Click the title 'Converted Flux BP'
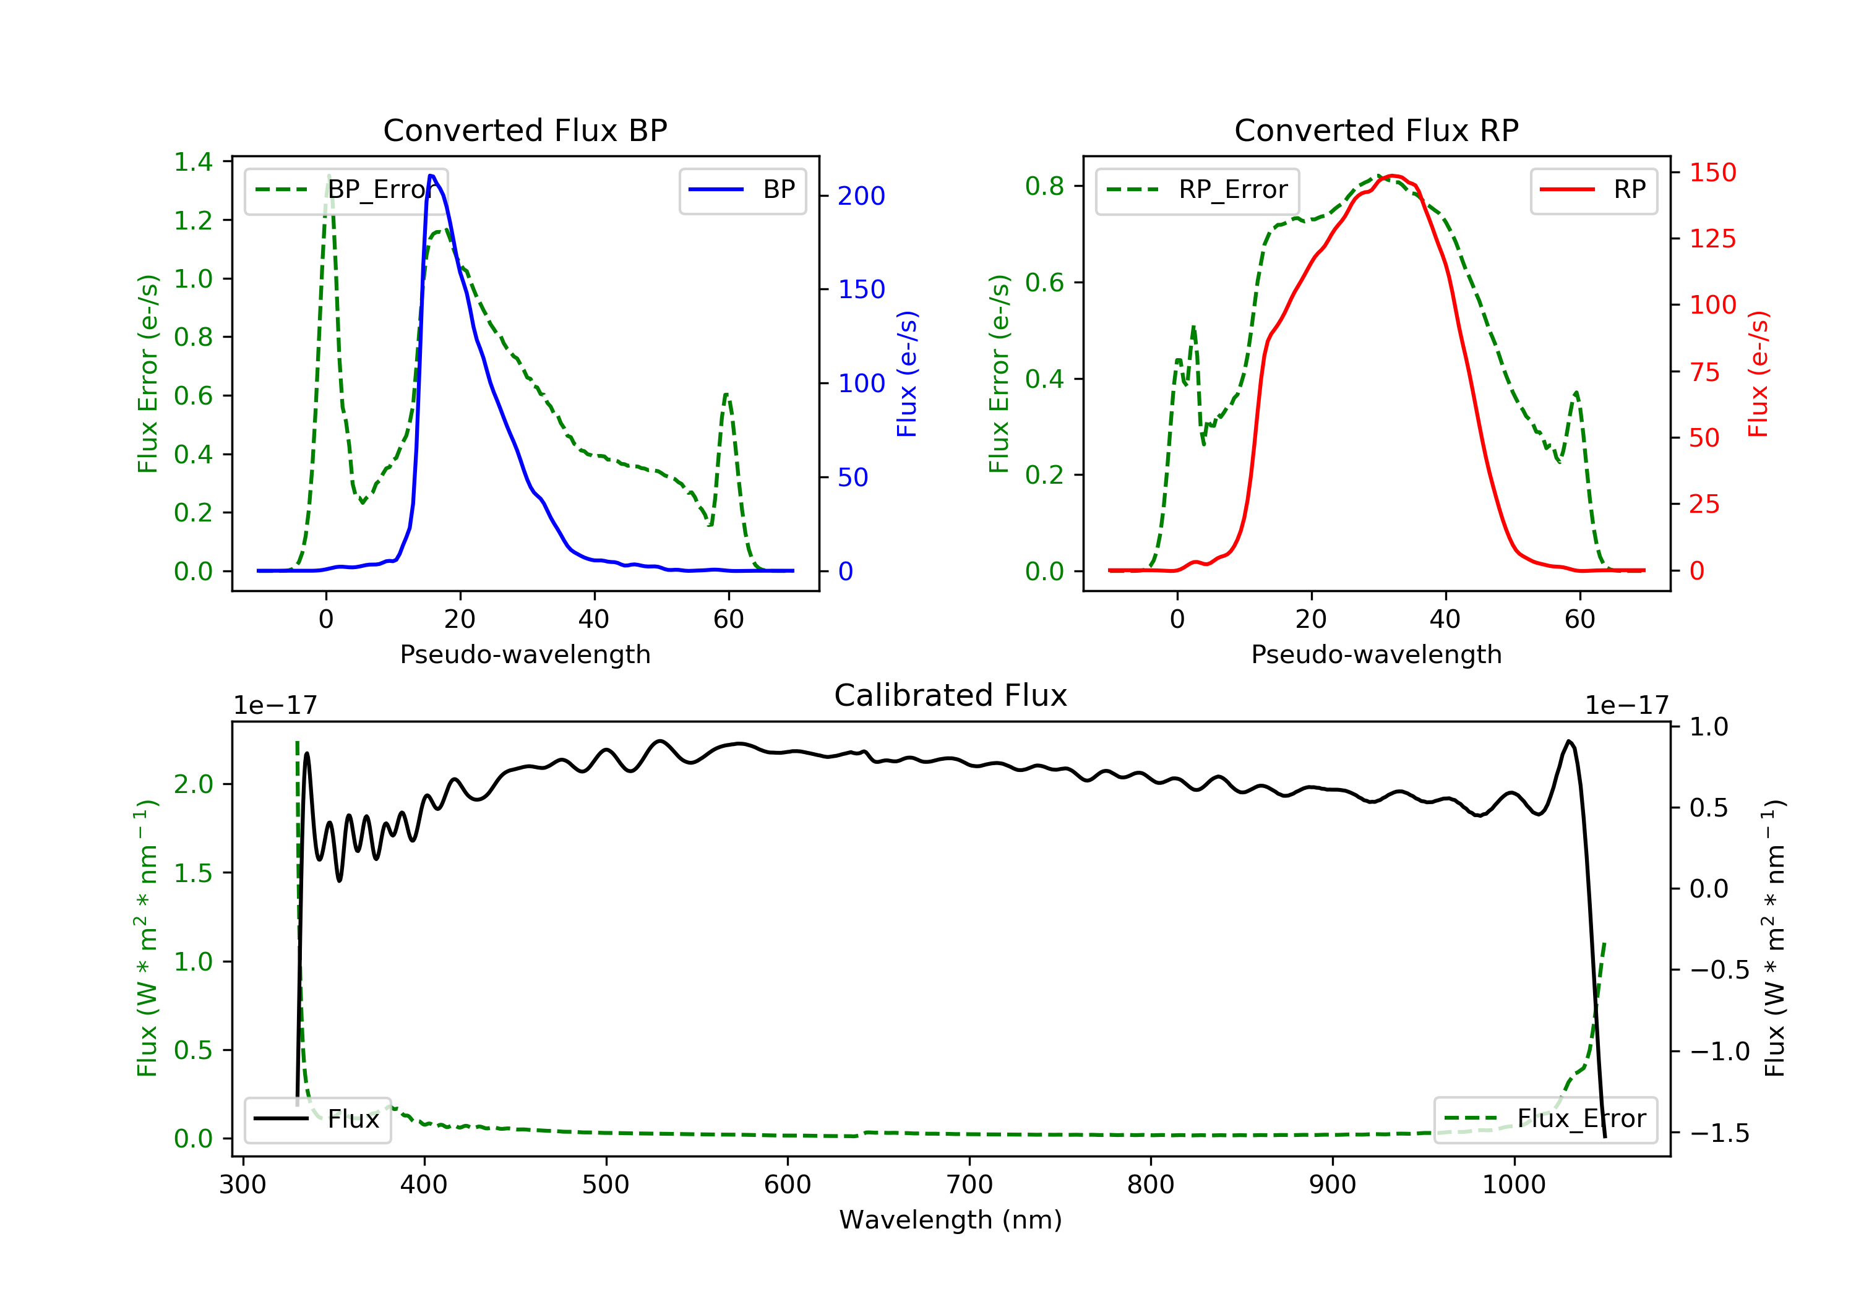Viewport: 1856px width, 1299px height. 525,130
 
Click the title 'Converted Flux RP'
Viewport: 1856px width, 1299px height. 1376,130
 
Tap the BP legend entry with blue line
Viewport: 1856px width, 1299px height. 742,190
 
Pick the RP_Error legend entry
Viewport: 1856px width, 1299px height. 1197,190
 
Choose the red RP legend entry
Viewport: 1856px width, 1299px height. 1592,190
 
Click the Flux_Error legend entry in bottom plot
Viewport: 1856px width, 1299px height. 1545,1119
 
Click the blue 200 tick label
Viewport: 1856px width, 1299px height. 861,195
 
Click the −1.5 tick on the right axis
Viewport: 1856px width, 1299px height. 1719,1133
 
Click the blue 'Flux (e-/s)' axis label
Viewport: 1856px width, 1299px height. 907,374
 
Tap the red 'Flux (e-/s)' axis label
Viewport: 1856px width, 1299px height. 1758,374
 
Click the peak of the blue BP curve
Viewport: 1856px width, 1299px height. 432,176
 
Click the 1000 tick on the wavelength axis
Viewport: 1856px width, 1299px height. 1513,1185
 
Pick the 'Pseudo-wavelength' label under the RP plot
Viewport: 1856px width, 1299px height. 1376,654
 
